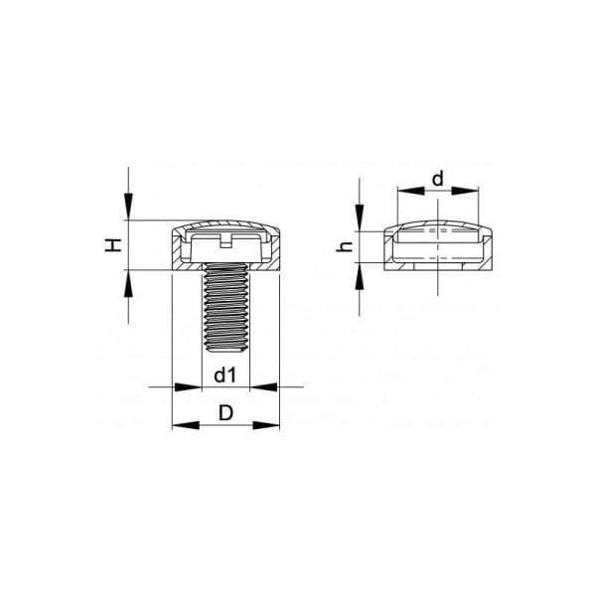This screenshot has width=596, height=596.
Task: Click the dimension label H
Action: point(113,244)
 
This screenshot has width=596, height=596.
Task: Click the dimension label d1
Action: point(225,375)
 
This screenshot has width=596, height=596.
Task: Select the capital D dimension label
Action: point(225,412)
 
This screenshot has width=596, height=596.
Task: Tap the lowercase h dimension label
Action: point(345,246)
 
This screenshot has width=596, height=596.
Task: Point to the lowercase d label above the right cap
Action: point(438,178)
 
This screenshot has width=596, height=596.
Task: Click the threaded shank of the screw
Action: point(225,307)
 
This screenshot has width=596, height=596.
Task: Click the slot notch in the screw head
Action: point(225,242)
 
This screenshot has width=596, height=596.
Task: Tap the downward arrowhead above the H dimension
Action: point(128,207)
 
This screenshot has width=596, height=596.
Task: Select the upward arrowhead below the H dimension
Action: point(128,283)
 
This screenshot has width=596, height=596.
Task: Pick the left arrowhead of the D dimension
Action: point(186,425)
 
